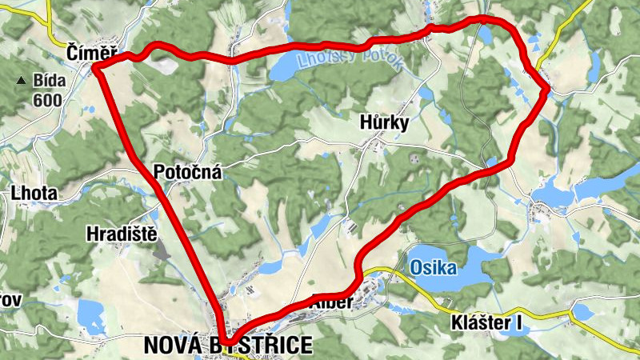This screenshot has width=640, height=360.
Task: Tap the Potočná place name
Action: tap(187, 172)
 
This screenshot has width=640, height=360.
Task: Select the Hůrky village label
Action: tap(384, 123)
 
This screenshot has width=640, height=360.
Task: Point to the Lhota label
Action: tap(34, 193)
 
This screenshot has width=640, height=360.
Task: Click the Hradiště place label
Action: tap(121, 233)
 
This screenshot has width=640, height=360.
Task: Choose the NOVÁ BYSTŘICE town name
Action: tap(227, 346)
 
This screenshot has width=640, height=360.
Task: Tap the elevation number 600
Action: tap(47, 100)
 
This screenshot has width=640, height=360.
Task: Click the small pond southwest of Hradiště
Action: tap(92, 319)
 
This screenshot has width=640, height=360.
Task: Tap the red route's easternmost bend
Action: tap(546, 91)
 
